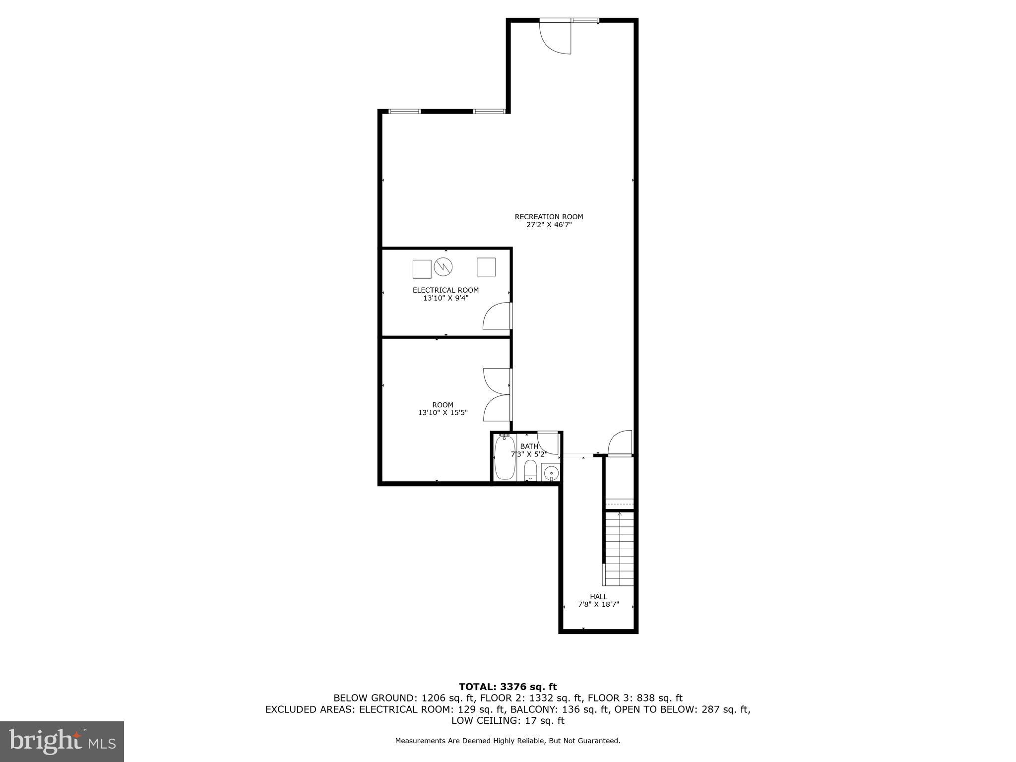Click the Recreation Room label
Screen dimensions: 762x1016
tap(549, 217)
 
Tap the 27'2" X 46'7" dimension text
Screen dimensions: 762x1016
tap(549, 225)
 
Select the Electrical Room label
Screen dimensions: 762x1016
tap(445, 290)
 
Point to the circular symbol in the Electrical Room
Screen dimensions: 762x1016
tap(443, 267)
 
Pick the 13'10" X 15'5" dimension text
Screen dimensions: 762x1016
tap(443, 413)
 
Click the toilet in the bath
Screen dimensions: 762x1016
tap(530, 470)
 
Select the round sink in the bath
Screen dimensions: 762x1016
tap(551, 473)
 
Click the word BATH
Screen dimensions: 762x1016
tap(529, 446)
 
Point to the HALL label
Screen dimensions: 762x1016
tap(598, 597)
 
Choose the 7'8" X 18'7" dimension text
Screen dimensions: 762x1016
tap(598, 605)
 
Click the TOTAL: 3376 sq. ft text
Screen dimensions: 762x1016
tap(508, 687)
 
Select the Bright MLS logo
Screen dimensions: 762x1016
tap(62, 741)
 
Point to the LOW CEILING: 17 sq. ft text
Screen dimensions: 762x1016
tap(508, 721)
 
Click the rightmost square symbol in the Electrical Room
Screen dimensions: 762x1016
tap(486, 267)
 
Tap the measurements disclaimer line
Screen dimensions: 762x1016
tap(508, 741)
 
